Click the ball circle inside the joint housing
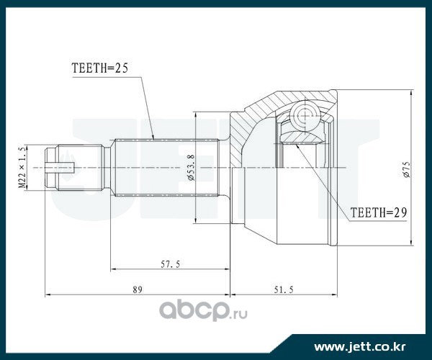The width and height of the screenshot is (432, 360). [x=305, y=113]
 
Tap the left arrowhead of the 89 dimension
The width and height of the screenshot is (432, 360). [x=48, y=294]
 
